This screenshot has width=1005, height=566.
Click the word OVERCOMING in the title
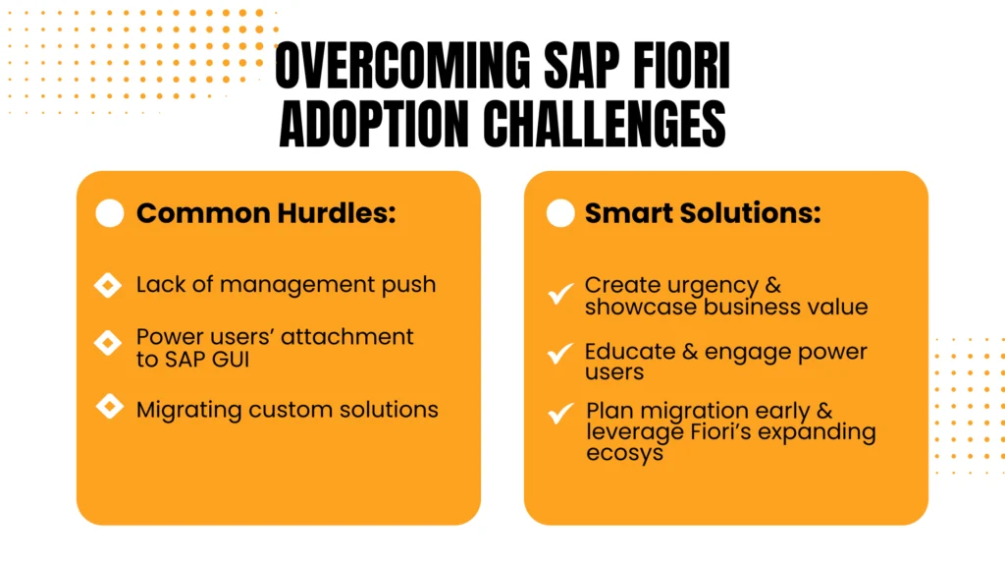402,65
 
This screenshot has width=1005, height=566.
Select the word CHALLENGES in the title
605,124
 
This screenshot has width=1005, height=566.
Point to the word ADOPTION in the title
374,124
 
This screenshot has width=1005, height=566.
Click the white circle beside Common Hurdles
110,213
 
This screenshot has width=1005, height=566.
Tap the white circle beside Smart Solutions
560,213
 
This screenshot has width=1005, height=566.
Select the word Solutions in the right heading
751,213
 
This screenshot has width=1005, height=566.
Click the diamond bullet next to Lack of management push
108,285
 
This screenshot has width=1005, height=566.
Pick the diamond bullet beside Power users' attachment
108,343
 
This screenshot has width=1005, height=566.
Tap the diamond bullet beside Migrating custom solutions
110,406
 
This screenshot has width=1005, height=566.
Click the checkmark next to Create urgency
560,293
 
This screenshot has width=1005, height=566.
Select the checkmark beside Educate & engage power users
560,353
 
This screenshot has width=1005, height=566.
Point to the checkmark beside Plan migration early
560,413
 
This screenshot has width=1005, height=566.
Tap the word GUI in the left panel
232,360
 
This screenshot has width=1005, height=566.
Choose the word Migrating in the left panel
189,410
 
